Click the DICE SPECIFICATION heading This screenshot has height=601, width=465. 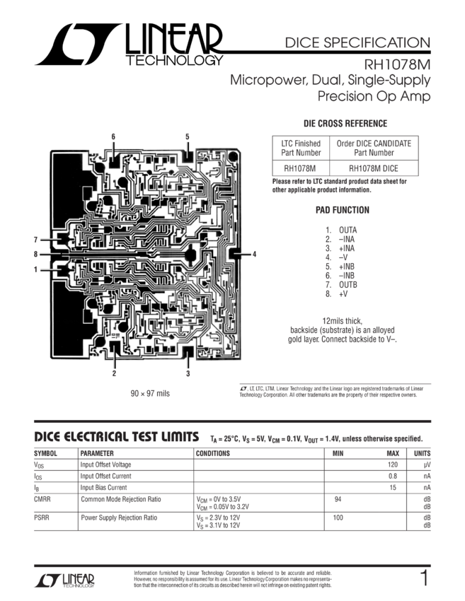[357, 42]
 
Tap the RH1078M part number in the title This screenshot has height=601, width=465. [399, 64]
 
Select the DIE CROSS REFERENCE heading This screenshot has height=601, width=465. [345, 123]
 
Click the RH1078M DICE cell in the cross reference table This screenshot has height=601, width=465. [373, 168]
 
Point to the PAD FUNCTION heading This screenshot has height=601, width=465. [343, 210]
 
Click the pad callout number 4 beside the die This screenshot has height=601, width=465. [255, 252]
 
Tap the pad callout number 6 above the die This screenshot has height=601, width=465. [113, 136]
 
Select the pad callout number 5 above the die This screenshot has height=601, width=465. [187, 136]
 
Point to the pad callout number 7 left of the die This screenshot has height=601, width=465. [35, 238]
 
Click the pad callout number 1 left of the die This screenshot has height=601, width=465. [35, 269]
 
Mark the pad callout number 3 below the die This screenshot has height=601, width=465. [188, 373]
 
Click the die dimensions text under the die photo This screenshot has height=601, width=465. [149, 392]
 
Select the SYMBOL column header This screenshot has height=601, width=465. [47, 453]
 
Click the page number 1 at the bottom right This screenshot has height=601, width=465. [425, 578]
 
